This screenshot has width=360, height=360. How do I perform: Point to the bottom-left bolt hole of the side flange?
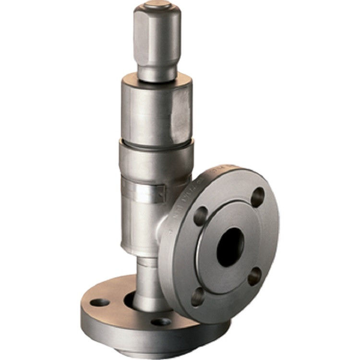197,296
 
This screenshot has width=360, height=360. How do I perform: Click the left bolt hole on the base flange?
100,302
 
